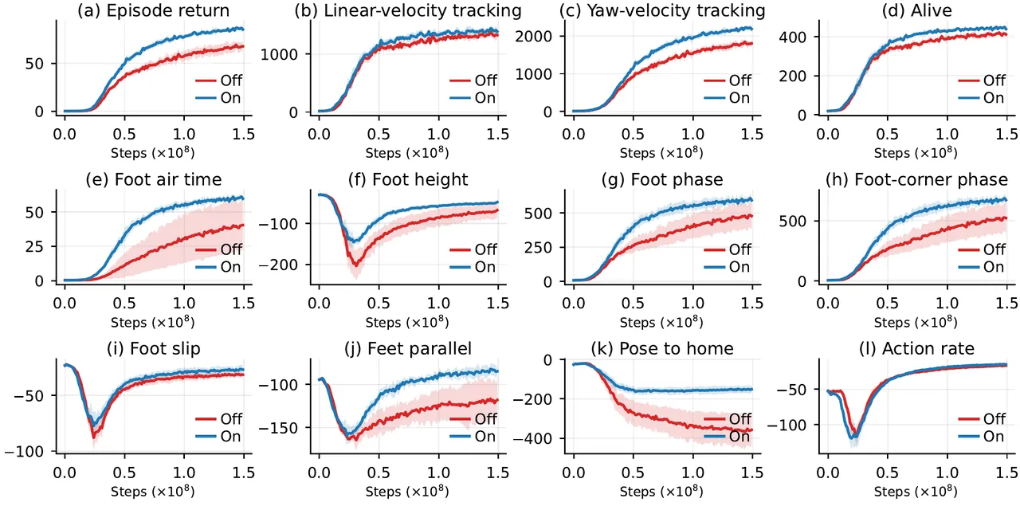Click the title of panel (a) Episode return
pos(154,10)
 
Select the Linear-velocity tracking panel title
pos(408,10)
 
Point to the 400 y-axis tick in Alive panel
pos(793,37)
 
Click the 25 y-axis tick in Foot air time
pos(34,246)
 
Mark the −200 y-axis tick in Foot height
pos(278,265)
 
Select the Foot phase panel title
pos(662,179)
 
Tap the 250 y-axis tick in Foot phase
pos(539,247)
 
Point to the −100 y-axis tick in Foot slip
pos(24,451)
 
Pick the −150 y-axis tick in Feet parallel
pos(278,428)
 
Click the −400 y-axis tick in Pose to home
pos(533,438)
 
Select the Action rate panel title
pos(916,348)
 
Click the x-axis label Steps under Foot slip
pos(128,492)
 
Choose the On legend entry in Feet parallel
pos(473,436)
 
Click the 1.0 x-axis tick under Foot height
pos(438,304)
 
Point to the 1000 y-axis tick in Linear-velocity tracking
pos(279,54)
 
